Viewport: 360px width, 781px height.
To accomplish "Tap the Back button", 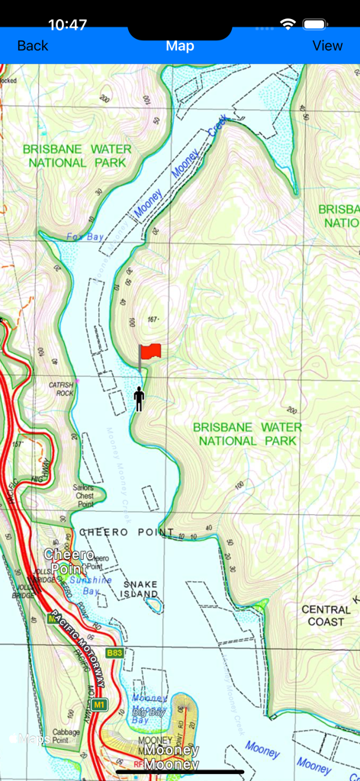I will click(x=32, y=46).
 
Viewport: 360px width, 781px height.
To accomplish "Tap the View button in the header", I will click(x=327, y=46).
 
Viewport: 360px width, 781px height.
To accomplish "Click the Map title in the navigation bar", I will click(x=180, y=46).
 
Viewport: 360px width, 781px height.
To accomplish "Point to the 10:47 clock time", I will click(x=67, y=24).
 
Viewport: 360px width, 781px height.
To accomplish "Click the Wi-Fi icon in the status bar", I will click(x=288, y=24).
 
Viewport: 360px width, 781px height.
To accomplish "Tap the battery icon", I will click(x=315, y=24).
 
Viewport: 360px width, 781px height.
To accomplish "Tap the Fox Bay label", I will click(x=85, y=236).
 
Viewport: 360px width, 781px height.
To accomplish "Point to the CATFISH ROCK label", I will click(x=61, y=389).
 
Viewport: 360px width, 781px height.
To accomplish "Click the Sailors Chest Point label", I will click(x=85, y=496).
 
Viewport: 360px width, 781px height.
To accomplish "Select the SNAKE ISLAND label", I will click(x=140, y=588).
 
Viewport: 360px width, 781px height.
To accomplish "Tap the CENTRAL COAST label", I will click(x=326, y=615).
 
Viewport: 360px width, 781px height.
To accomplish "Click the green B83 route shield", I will click(x=114, y=653).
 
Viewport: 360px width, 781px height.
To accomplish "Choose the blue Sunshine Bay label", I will click(x=91, y=585).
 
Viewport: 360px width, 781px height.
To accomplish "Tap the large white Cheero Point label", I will click(x=69, y=561).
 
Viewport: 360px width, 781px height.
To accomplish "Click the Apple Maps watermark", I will click(x=31, y=738).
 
